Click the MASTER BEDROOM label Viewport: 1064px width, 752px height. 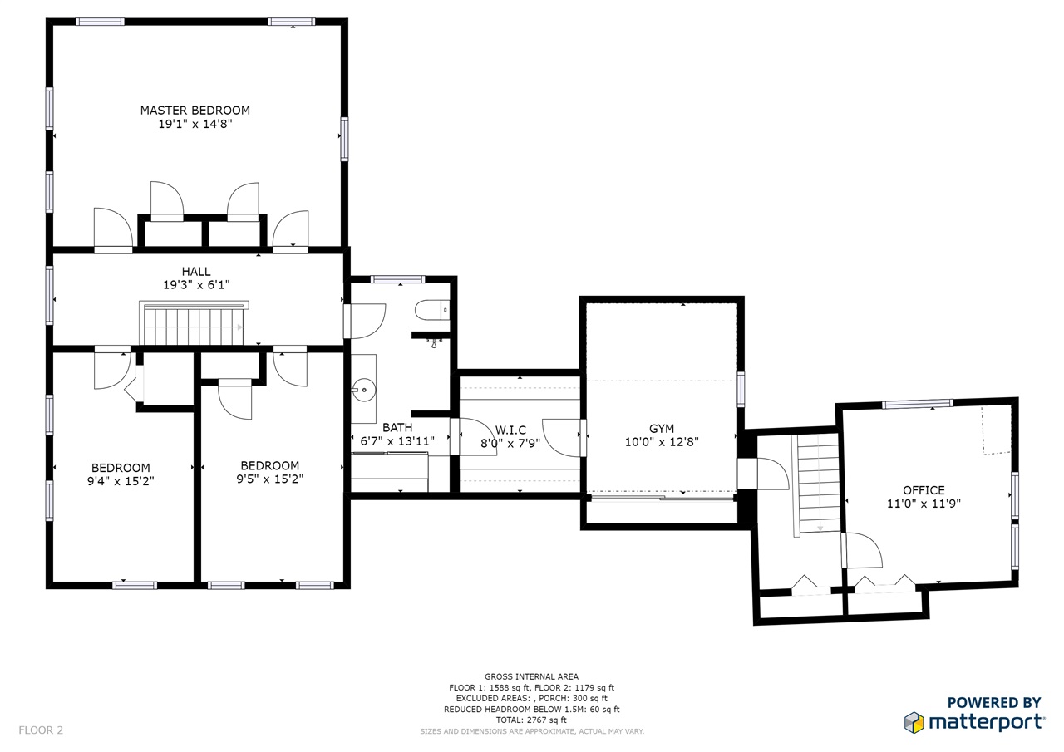tap(195, 111)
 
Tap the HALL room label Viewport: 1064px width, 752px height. tap(196, 272)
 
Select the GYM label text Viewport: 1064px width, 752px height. tap(662, 429)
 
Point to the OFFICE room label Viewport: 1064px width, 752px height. tap(924, 490)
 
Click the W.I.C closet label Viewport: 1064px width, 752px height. tap(510, 430)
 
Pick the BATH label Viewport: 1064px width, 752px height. tap(397, 428)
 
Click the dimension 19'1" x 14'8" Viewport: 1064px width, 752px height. tap(195, 124)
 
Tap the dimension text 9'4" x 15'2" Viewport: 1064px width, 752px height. tap(121, 481)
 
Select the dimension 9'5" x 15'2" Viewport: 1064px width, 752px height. tap(270, 479)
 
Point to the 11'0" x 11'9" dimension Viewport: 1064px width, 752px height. tap(924, 504)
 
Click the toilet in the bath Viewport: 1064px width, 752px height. tap(431, 310)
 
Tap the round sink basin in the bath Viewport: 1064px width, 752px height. tap(364, 391)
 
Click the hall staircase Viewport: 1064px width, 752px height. tap(194, 323)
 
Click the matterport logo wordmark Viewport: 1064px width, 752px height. tap(987, 723)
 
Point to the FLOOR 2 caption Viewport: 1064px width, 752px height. tap(41, 730)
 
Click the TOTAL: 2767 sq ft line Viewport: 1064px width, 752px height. tap(531, 720)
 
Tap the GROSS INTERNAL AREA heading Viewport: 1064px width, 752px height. tap(531, 676)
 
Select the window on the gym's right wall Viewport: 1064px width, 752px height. tap(741, 389)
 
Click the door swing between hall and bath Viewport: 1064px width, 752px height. tap(367, 321)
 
